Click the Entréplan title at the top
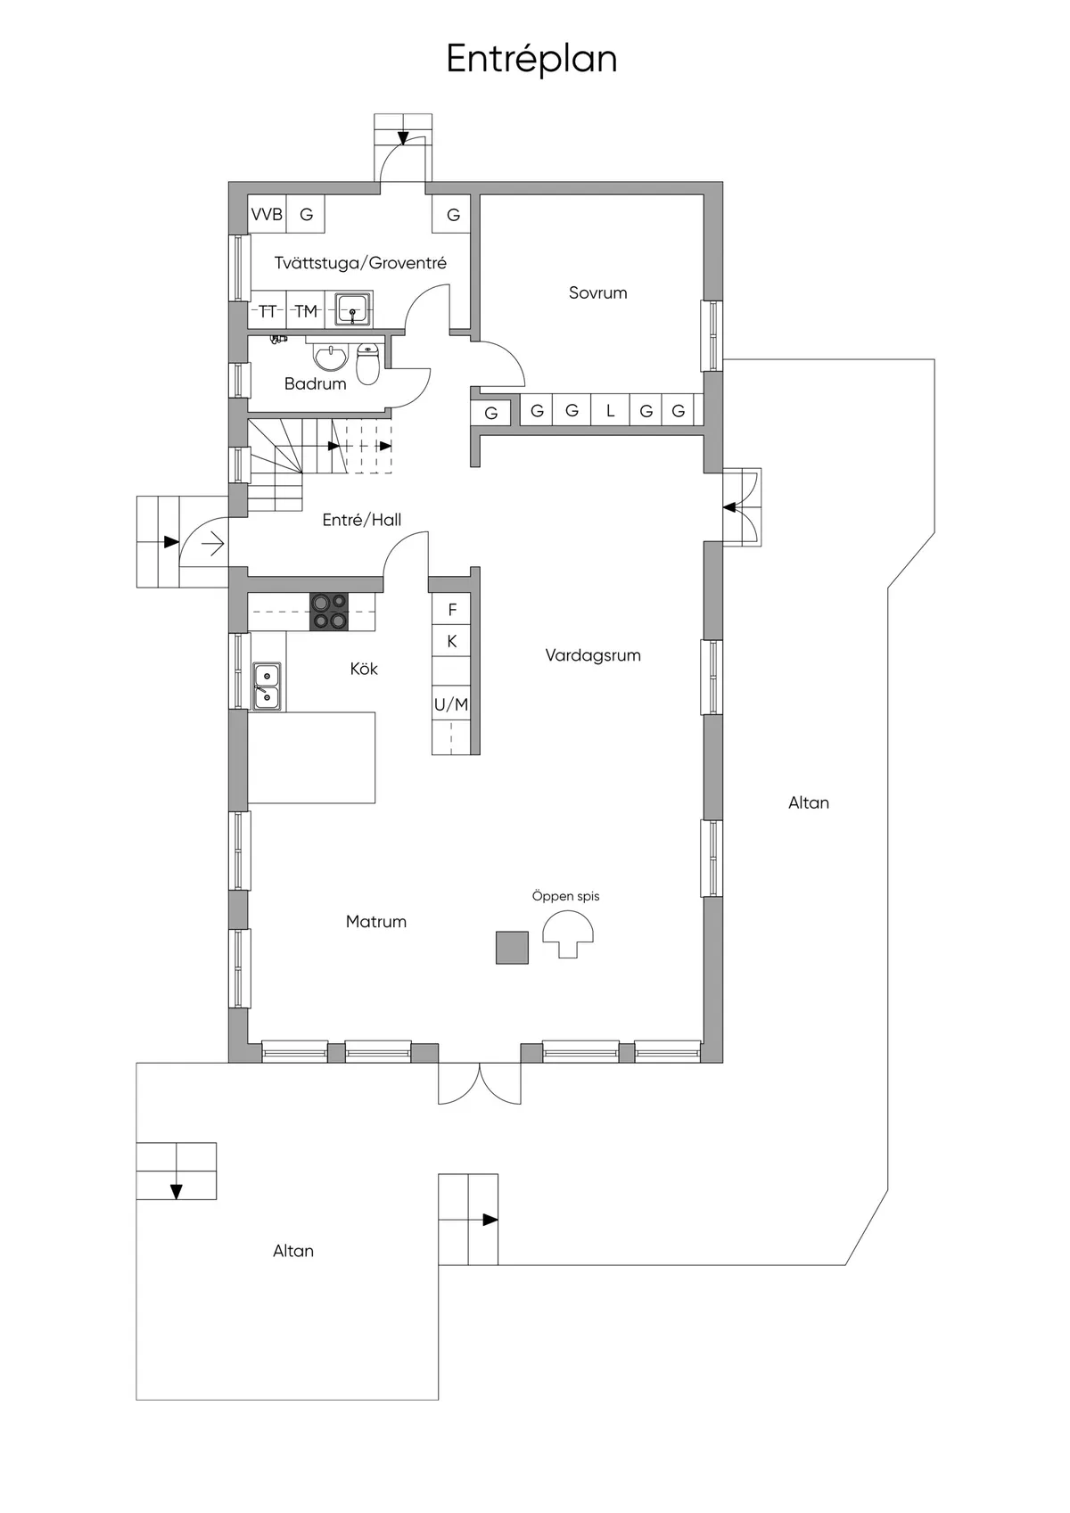tap(531, 59)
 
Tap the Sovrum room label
tap(597, 292)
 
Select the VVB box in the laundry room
tap(267, 215)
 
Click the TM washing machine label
tap(306, 311)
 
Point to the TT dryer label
tap(267, 311)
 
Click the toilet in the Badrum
tap(367, 363)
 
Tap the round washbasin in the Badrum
tap(330, 358)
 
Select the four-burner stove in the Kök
tap(329, 612)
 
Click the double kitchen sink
tap(267, 687)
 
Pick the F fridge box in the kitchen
tap(452, 610)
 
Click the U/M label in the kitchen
tap(451, 704)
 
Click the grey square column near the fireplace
tap(512, 947)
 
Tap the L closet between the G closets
tap(610, 411)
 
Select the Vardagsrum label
tap(593, 655)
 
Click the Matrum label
tap(375, 922)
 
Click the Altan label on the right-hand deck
tap(808, 802)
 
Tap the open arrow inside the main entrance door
tap(212, 542)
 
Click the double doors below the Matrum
tap(479, 1082)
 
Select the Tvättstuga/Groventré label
tap(360, 263)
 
